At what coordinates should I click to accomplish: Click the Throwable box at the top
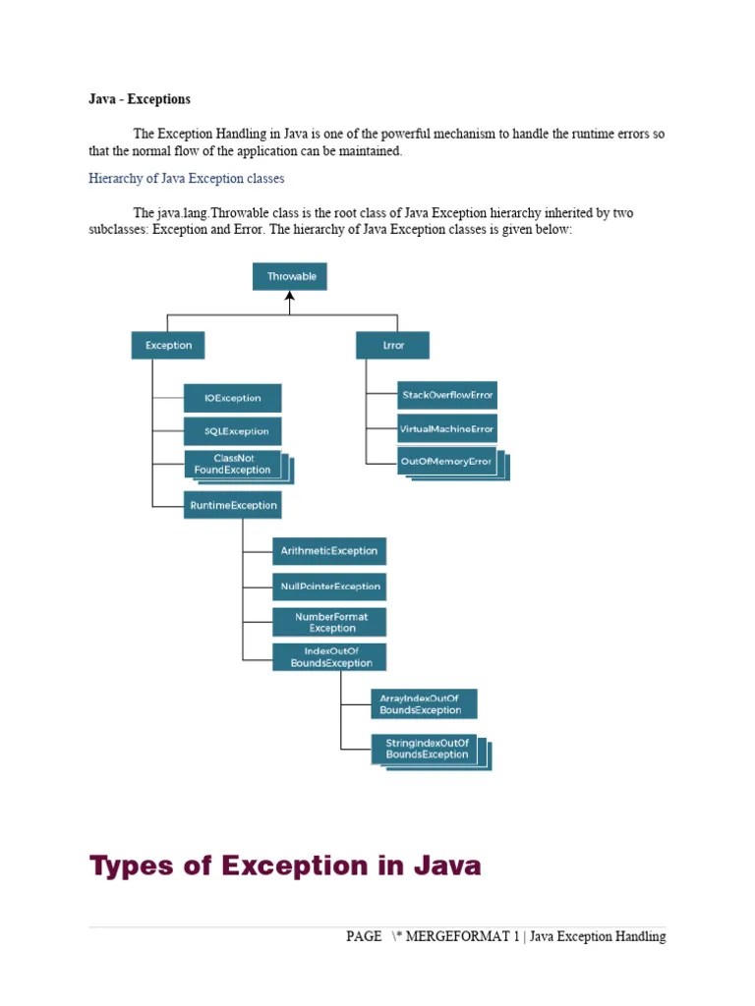pyautogui.click(x=290, y=276)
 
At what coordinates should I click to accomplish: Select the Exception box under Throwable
pyautogui.click(x=168, y=345)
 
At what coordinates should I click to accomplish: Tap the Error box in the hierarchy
pyautogui.click(x=392, y=345)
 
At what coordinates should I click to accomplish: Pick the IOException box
pyautogui.click(x=233, y=398)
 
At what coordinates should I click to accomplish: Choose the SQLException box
pyautogui.click(x=233, y=431)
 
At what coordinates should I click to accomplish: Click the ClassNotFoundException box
pyautogui.click(x=233, y=464)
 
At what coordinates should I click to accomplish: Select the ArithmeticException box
pyautogui.click(x=329, y=551)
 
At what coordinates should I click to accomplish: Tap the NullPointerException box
pyautogui.click(x=329, y=587)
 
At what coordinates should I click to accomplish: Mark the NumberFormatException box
pyautogui.click(x=329, y=622)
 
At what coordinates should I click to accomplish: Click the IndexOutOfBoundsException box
pyautogui.click(x=329, y=657)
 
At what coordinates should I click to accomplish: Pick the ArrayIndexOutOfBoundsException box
pyautogui.click(x=424, y=703)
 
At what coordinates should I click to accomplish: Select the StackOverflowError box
pyautogui.click(x=447, y=395)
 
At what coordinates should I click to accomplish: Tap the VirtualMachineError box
pyautogui.click(x=447, y=428)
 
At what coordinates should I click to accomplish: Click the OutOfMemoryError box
pyautogui.click(x=447, y=461)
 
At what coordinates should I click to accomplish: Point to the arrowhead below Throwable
pyautogui.click(x=290, y=297)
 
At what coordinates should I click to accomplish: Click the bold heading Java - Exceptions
pyautogui.click(x=140, y=99)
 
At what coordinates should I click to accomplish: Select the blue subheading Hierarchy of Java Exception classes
pyautogui.click(x=186, y=179)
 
